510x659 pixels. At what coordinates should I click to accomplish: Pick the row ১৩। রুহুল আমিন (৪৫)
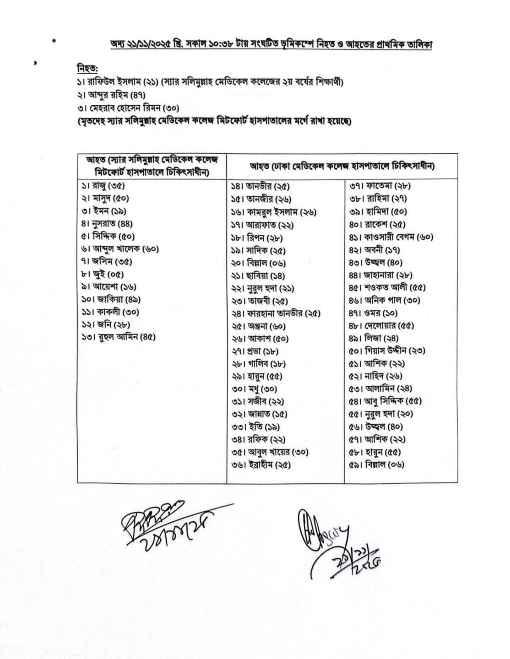coord(118,337)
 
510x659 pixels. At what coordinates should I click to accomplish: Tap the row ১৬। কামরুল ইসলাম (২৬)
coord(273,212)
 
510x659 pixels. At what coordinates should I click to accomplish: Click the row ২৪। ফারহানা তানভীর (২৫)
coord(276,314)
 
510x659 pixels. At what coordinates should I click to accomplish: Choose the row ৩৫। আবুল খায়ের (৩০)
coord(270,453)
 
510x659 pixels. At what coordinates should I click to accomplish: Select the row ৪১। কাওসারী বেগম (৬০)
coord(391,237)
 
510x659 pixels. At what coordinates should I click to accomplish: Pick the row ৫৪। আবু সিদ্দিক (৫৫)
coord(385,402)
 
